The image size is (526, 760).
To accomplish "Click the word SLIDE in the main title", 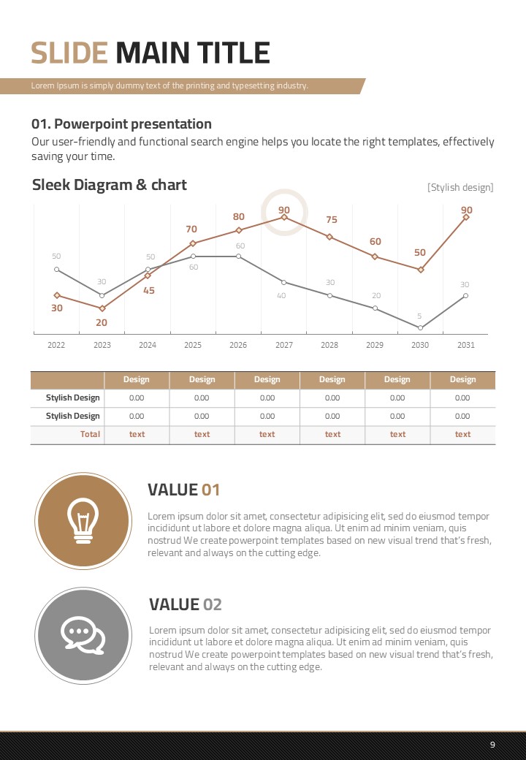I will tap(69, 53).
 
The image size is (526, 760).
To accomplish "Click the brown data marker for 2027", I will tap(284, 216).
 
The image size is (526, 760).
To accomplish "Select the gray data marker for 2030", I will tap(421, 327).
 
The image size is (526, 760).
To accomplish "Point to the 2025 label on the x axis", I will tap(193, 345).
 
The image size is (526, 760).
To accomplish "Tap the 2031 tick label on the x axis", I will tap(466, 345).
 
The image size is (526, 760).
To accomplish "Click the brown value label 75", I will tap(331, 220).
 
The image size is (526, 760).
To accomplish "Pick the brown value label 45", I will tap(148, 291).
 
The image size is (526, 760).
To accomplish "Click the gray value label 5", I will tap(419, 316).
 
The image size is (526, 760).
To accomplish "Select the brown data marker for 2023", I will tap(102, 308).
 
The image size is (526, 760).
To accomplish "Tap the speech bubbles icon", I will tap(82, 635).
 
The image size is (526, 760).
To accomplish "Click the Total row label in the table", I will tap(90, 434).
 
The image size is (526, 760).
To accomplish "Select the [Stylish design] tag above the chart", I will tap(460, 188).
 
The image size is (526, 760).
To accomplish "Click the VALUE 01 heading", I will tap(183, 490).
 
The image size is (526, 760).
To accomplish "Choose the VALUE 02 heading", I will tap(185, 604).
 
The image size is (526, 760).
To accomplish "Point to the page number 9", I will tap(492, 745).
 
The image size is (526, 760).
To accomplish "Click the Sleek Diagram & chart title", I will tap(110, 185).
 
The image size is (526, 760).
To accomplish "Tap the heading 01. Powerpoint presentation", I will tap(121, 124).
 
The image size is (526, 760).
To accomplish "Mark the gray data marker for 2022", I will tap(57, 269).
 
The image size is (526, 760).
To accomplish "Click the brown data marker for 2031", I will tap(466, 217).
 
